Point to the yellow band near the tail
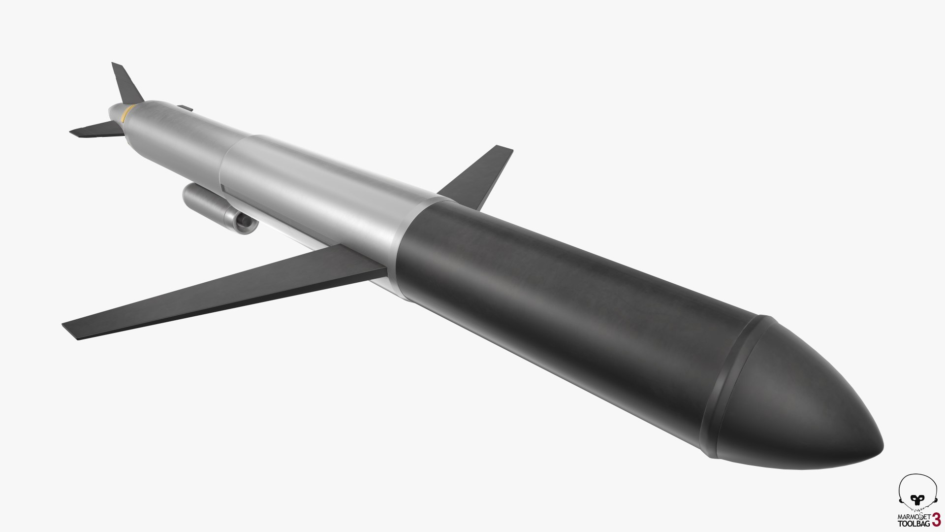point(126,114)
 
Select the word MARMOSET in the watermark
point(910,517)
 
